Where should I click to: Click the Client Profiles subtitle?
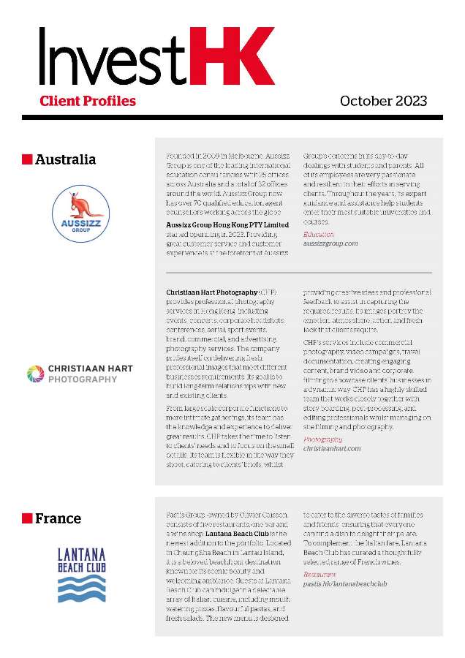pyautogui.click(x=88, y=100)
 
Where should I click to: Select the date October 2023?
pyautogui.click(x=383, y=101)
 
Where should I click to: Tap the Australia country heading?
pyautogui.click(x=65, y=159)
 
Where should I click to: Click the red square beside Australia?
pyautogui.click(x=27, y=159)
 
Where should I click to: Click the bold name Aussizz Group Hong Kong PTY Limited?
pyautogui.click(x=227, y=224)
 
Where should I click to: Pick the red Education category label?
pyautogui.click(x=318, y=234)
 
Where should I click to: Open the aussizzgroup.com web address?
pyautogui.click(x=330, y=243)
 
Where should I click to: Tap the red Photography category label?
pyautogui.click(x=322, y=439)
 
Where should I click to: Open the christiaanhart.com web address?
pyautogui.click(x=332, y=449)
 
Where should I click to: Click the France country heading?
pyautogui.click(x=58, y=518)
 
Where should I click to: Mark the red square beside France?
pyautogui.click(x=27, y=518)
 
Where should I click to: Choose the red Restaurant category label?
pyautogui.click(x=320, y=575)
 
